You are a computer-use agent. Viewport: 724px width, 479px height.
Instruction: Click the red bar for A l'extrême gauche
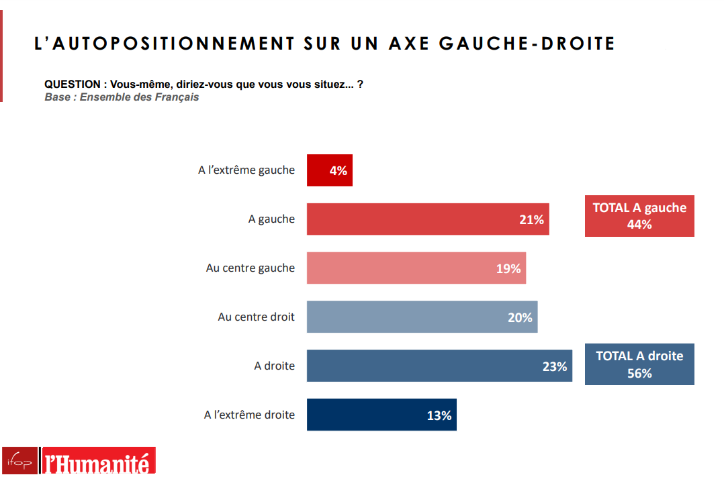coord(330,170)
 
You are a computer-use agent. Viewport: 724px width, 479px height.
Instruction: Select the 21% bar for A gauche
coord(428,219)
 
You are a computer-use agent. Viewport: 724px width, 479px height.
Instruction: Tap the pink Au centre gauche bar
coord(416,268)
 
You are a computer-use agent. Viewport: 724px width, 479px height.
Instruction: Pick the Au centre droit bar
coord(422,317)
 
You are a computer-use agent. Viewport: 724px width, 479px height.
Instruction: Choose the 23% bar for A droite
coord(439,366)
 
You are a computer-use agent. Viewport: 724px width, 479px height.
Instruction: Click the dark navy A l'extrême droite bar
coord(382,415)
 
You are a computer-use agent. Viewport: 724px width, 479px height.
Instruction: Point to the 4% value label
coord(338,170)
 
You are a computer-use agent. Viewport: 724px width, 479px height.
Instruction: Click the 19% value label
coord(508,268)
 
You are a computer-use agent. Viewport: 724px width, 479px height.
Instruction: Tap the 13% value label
coord(439,415)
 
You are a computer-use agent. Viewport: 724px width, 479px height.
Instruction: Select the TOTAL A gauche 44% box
coord(639,216)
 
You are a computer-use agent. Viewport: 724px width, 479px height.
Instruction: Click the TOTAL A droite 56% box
coord(639,364)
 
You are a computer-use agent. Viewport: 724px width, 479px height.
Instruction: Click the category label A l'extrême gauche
coord(246,170)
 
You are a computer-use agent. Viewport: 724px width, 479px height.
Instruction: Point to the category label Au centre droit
coord(257,317)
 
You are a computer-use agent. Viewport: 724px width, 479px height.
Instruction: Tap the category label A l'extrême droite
coord(249,415)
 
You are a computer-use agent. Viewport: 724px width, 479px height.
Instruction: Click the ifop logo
coord(20,461)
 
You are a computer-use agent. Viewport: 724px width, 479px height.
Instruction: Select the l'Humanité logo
coord(99,461)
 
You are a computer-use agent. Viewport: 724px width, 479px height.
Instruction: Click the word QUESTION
coord(73,85)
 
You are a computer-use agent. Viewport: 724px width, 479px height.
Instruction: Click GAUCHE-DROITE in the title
coord(527,44)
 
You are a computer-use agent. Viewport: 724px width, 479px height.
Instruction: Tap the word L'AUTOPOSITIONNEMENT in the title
coord(165,44)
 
